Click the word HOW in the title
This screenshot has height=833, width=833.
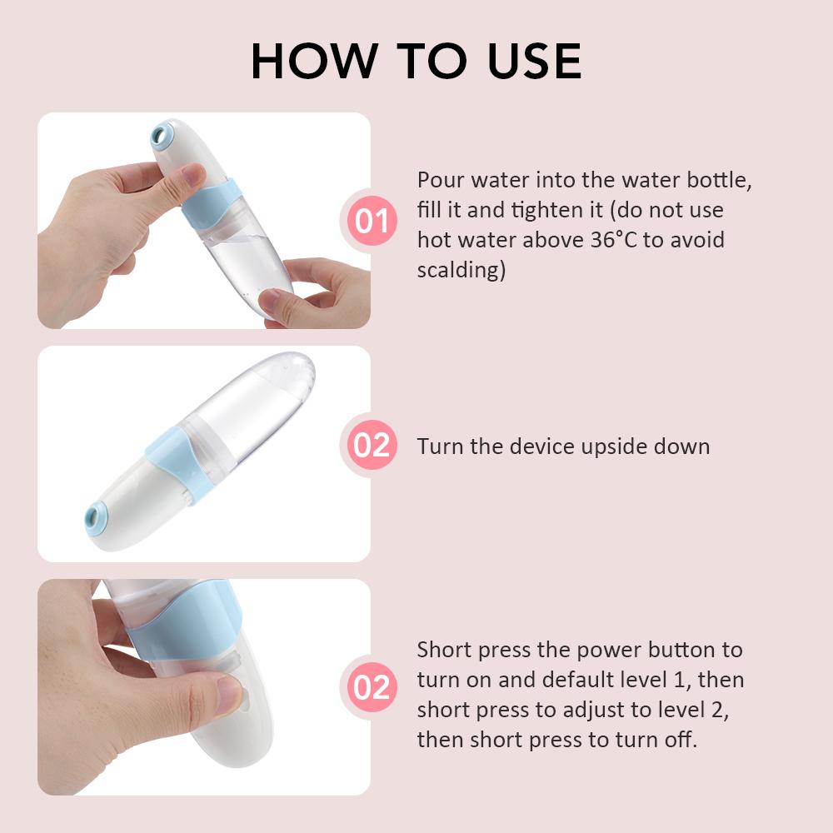click(315, 61)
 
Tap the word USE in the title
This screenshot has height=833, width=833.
click(535, 61)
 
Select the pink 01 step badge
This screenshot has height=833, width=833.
click(372, 221)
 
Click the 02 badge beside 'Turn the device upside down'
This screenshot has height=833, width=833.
click(372, 445)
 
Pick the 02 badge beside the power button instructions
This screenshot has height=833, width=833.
click(372, 687)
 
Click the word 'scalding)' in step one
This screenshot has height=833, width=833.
click(461, 270)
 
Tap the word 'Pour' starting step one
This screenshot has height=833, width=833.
click(441, 180)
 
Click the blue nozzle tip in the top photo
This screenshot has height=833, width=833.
click(162, 136)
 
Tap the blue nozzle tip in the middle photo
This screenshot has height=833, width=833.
click(96, 516)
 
